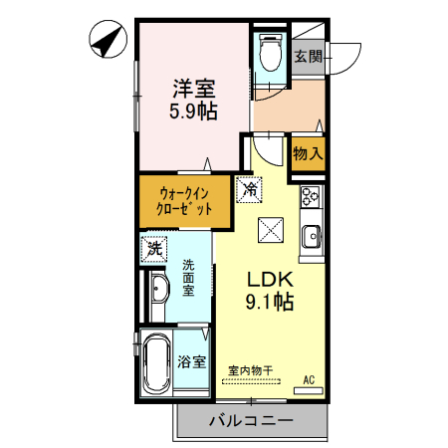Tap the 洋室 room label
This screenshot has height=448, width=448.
[192, 87]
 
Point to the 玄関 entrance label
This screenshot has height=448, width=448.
[308, 57]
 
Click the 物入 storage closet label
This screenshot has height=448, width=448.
[307, 154]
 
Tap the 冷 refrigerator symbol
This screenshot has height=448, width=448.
[250, 187]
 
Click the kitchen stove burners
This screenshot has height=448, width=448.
[310, 197]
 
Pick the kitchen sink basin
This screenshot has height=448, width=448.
[310, 237]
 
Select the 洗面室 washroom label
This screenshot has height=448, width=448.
[189, 276]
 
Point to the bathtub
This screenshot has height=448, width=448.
[158, 361]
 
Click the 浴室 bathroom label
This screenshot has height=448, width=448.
[192, 362]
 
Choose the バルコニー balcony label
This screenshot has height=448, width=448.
[251, 421]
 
